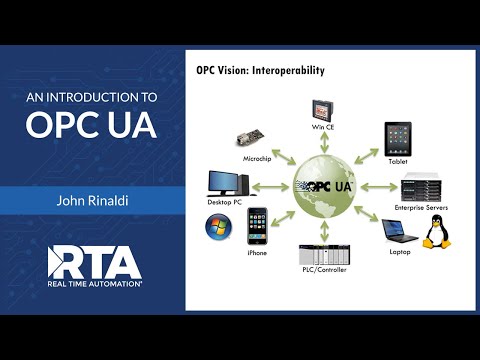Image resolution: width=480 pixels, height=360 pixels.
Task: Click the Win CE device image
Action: coord(321,110)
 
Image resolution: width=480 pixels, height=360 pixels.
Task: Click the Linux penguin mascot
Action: coord(435,232)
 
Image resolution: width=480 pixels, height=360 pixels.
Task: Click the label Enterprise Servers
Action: coord(421,208)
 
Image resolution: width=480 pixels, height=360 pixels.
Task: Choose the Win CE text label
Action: coord(321,128)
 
